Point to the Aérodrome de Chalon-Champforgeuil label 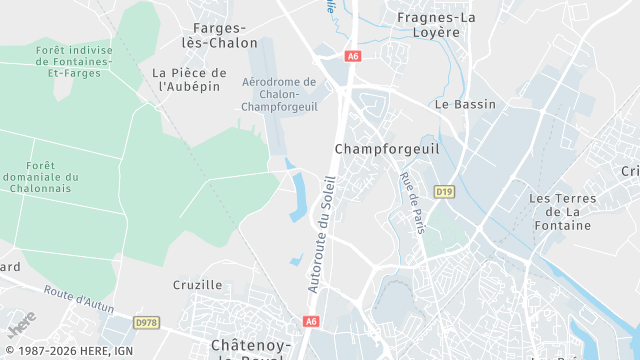pyautogui.click(x=280, y=95)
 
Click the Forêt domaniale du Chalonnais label pyautogui.click(x=41, y=176)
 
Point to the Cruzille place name pyautogui.click(x=197, y=285)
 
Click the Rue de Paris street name pyautogui.click(x=412, y=203)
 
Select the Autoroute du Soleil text pyautogui.click(x=323, y=234)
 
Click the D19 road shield pyautogui.click(x=444, y=190)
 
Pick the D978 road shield pyautogui.click(x=146, y=322)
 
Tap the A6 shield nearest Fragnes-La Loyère pyautogui.click(x=352, y=57)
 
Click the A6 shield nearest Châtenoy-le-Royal pyautogui.click(x=311, y=321)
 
